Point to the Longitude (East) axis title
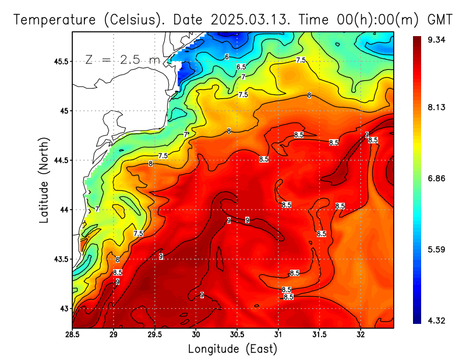pyautogui.click(x=232, y=349)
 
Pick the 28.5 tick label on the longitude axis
pyautogui.click(x=72, y=335)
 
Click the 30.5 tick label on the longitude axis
pyautogui.click(x=237, y=335)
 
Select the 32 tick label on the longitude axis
pyautogui.click(x=361, y=335)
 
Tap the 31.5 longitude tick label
pyautogui.click(x=319, y=335)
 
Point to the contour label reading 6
pyautogui.click(x=227, y=57)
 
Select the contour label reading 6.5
pyautogui.click(x=241, y=68)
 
